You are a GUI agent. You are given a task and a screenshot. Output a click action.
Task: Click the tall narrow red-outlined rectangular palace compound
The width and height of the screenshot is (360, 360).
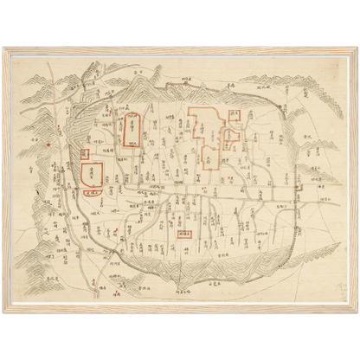point(132,132)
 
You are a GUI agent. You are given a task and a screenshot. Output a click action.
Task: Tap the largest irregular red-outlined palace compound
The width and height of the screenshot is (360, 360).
point(205,138)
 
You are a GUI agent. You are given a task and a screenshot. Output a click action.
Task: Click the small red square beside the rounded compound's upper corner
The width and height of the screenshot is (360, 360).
point(81,152)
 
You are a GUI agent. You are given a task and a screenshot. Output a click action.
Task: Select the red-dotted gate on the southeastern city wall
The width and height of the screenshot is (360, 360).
point(297,228)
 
